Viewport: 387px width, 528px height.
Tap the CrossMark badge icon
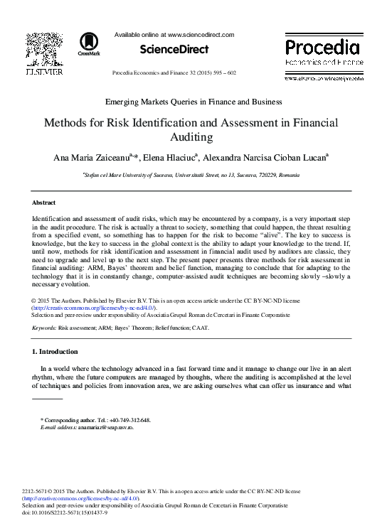click(x=89, y=43)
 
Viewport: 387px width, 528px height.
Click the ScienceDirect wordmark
click(x=174, y=49)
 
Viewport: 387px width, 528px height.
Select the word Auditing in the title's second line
click(x=193, y=137)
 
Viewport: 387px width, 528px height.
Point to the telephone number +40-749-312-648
click(x=124, y=420)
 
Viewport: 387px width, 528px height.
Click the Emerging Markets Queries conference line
click(x=193, y=101)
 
